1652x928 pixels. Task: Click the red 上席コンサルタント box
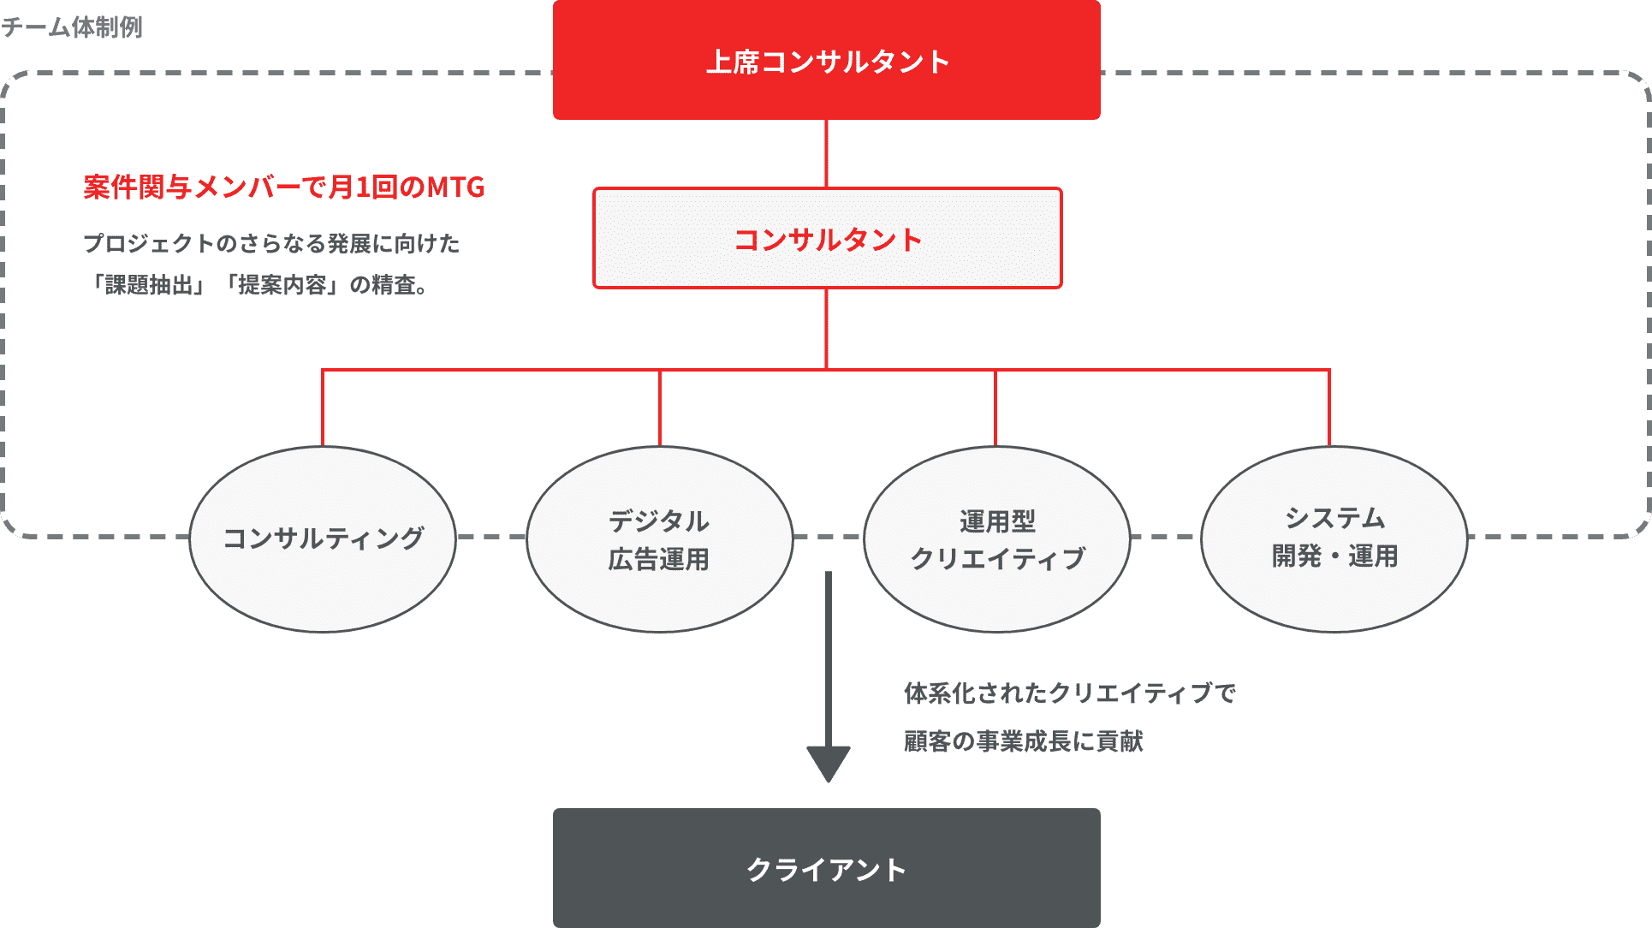pos(826,60)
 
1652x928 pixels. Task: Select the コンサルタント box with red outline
pos(827,239)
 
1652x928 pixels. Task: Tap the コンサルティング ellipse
pos(323,538)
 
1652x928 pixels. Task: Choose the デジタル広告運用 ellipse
pos(659,538)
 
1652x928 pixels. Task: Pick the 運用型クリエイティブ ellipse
pos(996,538)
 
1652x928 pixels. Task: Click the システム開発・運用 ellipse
pos(1334,538)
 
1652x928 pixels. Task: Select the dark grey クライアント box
pos(826,868)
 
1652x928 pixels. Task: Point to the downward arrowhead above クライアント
pos(828,763)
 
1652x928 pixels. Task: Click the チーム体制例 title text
pos(72,27)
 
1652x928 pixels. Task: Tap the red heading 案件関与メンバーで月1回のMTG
pos(283,187)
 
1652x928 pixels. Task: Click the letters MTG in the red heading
pos(456,187)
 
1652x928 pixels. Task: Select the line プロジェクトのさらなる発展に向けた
pos(271,244)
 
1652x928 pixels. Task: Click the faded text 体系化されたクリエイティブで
pos(1069,693)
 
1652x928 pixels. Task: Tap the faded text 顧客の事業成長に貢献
pos(1024,741)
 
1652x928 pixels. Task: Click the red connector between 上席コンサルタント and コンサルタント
pos(826,153)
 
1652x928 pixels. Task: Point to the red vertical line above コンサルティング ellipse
pos(323,407)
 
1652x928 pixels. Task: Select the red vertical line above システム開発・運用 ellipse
pos(1329,407)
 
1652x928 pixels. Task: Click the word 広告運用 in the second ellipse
pos(659,559)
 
